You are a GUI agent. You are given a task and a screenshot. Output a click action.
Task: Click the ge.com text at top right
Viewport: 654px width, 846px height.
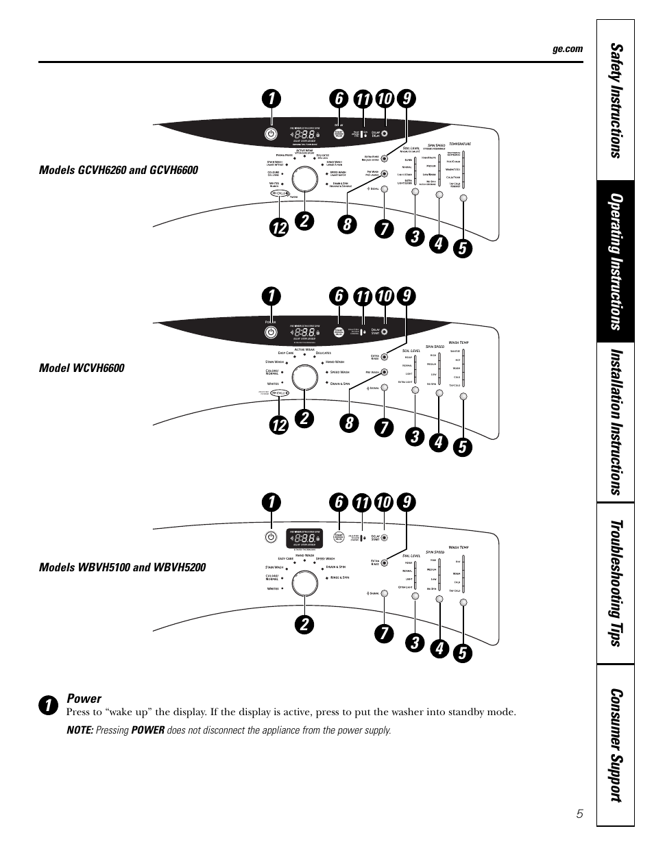tap(568, 49)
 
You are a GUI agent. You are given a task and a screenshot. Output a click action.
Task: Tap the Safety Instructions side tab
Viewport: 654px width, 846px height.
tap(616, 101)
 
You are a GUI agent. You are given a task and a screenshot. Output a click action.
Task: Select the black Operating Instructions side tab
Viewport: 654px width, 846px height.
tap(616, 262)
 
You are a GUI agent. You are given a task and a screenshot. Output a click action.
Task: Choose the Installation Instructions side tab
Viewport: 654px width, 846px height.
tap(616, 422)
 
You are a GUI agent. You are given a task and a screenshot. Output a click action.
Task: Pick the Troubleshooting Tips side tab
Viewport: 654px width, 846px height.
tap(616, 583)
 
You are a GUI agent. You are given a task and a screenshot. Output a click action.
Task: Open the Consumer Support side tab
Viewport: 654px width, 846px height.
tap(616, 745)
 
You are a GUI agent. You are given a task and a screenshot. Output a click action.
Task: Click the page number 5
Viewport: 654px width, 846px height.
tap(579, 814)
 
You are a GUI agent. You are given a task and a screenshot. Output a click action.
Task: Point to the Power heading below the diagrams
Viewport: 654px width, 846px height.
tap(84, 699)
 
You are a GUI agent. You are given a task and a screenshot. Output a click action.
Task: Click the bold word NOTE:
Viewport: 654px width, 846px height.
tap(80, 730)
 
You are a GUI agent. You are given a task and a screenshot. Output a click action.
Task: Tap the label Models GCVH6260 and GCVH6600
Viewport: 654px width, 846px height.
tap(118, 170)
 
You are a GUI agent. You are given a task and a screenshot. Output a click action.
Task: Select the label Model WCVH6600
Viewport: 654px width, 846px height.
tap(82, 369)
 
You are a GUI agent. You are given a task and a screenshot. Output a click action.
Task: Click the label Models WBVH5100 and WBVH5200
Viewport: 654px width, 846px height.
tap(122, 567)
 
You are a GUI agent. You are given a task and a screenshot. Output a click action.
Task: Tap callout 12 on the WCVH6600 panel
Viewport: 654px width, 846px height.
tap(278, 425)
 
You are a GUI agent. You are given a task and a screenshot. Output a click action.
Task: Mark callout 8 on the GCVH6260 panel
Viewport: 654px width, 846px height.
tap(348, 225)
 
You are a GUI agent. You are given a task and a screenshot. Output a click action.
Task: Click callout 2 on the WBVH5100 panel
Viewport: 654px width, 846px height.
tap(304, 625)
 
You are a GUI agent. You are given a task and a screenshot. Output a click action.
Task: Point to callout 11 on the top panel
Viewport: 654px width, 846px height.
tap(362, 99)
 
